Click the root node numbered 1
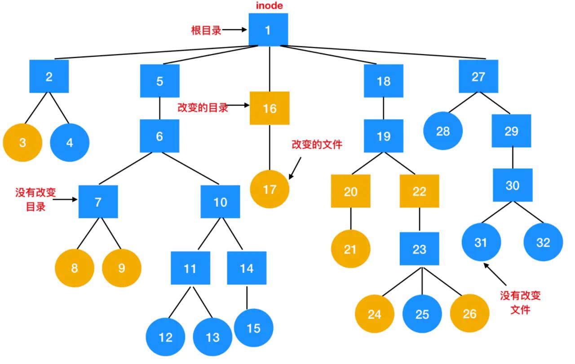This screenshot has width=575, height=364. pyautogui.click(x=268, y=30)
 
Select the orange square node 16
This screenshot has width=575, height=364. pyautogui.click(x=270, y=108)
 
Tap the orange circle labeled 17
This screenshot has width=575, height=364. pyautogui.click(x=270, y=189)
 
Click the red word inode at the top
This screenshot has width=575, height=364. pyautogui.click(x=270, y=6)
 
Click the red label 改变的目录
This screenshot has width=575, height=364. pyautogui.click(x=203, y=108)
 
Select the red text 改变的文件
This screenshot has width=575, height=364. pyautogui.click(x=317, y=145)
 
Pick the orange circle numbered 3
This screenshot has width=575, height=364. pyautogui.click(x=22, y=143)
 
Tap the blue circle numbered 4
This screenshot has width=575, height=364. pyautogui.click(x=70, y=143)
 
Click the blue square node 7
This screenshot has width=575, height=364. pyautogui.click(x=98, y=202)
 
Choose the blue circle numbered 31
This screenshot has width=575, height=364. pyautogui.click(x=481, y=242)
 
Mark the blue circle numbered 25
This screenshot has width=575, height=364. pyautogui.click(x=422, y=314)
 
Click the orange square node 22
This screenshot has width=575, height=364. pyautogui.click(x=419, y=191)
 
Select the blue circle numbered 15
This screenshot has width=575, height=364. pyautogui.click(x=253, y=328)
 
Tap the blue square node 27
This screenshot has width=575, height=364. pyautogui.click(x=478, y=77)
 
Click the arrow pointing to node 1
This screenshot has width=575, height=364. pyautogui.click(x=235, y=30)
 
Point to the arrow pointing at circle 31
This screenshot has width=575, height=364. pyautogui.click(x=495, y=274)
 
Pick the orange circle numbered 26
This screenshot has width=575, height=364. pyautogui.click(x=469, y=313)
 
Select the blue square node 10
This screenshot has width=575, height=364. pyautogui.click(x=220, y=202)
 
